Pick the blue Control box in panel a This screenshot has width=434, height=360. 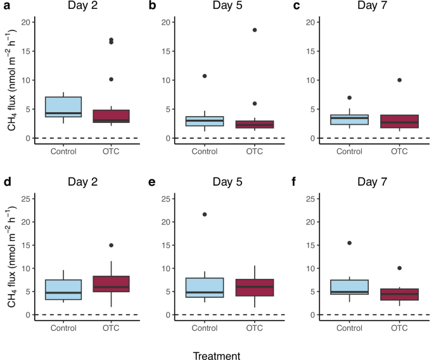coord(63,107)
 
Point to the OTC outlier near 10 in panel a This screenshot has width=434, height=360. coord(112,79)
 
